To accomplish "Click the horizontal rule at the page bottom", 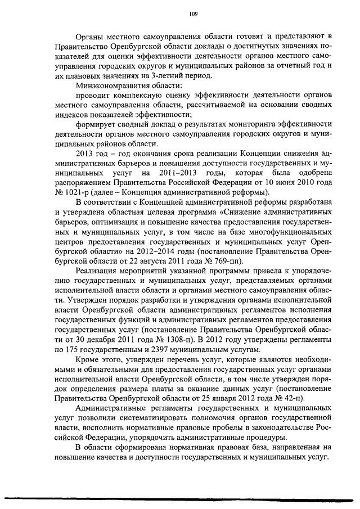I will coord(180,497).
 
